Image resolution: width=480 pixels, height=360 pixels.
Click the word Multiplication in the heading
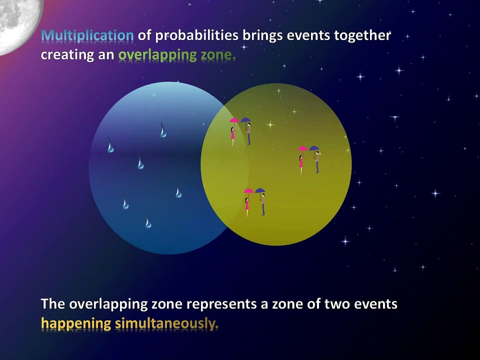[x=87, y=36]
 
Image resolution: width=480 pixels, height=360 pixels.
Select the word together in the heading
[x=362, y=36]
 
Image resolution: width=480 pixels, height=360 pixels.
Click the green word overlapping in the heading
[x=157, y=55]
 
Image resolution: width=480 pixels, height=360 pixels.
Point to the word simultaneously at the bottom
[x=166, y=324]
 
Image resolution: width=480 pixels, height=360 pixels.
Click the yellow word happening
[x=76, y=324]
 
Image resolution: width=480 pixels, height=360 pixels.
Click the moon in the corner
[x=19, y=24]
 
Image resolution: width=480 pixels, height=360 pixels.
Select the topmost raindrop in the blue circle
[x=163, y=130]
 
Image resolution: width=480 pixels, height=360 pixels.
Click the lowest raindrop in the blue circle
[x=148, y=221]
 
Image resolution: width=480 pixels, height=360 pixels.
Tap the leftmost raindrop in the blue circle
[x=110, y=145]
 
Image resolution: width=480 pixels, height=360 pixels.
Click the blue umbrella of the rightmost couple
[x=314, y=148]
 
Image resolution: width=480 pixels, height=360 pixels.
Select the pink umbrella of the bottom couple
[x=248, y=191]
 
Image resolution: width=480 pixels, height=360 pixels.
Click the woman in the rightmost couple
[x=301, y=164]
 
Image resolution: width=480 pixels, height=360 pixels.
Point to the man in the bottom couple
[x=263, y=204]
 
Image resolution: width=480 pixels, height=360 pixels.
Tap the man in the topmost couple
[x=249, y=134]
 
